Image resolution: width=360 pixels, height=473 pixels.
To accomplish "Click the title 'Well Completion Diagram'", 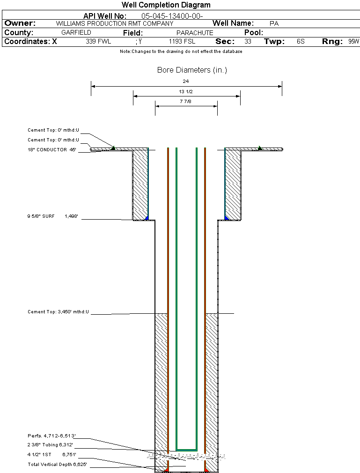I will coord(166,5).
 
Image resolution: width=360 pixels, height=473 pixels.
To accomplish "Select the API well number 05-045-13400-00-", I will coord(172,16).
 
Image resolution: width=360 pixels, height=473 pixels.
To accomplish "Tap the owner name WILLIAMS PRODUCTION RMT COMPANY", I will coord(114,23).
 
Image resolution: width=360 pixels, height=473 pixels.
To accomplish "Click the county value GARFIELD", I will coord(76,33).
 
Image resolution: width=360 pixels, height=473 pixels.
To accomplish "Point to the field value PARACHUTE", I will coord(195,33).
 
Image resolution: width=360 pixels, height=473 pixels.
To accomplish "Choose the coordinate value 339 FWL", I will coord(98,42).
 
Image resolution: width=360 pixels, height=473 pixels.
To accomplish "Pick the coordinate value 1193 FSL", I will coord(182,42).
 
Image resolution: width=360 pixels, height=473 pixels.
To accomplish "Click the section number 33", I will coord(248,42).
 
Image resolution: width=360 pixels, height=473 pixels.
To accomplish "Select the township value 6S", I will coord(301,42).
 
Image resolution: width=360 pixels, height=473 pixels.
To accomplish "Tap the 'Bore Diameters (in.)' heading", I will coord(192,70).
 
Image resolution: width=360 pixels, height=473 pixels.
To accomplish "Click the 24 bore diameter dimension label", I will coord(186,81).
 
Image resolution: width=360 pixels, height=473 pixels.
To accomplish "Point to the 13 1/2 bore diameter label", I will coord(186,91).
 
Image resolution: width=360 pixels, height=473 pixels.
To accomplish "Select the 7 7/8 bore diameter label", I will coord(186,101).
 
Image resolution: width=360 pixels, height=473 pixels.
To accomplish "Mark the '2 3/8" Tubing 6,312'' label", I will coord(50,445).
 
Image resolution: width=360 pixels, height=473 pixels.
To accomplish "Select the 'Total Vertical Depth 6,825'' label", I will coord(57,465).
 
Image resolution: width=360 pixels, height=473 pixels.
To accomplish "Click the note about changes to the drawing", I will coord(181,52).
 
